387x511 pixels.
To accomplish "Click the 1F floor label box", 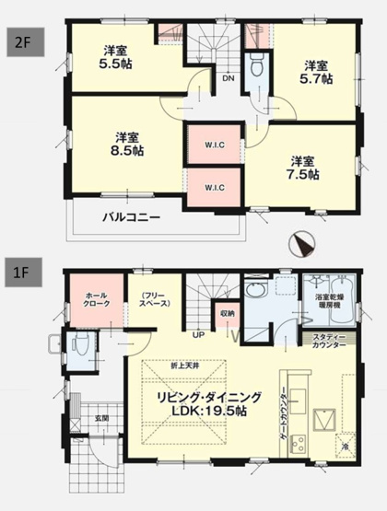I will [x=21, y=274].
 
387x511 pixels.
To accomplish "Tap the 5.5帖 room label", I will [x=114, y=58].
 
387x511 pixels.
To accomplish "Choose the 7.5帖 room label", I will [x=300, y=166].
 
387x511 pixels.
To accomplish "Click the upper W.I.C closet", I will [x=211, y=145].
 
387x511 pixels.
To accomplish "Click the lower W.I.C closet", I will [x=211, y=186].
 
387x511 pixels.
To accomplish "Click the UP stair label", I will [x=197, y=335].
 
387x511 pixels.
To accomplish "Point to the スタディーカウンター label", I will [x=328, y=341].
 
